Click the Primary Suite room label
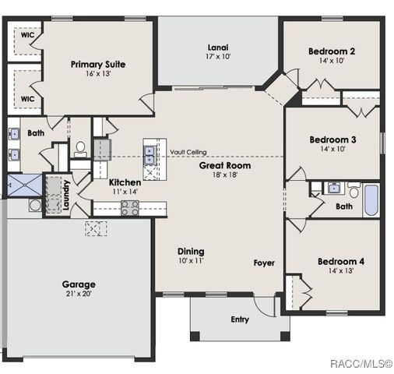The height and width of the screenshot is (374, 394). [98, 65]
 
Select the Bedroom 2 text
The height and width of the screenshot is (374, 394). [332, 51]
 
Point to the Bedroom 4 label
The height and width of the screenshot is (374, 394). [341, 261]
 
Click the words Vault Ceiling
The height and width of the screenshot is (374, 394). [188, 153]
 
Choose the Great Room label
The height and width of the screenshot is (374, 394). [224, 166]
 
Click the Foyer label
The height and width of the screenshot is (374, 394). [264, 263]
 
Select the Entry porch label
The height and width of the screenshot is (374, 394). [240, 319]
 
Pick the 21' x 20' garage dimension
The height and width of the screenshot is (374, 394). [79, 295]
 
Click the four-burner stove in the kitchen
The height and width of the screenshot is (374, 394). [129, 207]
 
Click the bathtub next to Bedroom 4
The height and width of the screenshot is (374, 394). [371, 200]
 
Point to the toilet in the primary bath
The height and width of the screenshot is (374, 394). [80, 147]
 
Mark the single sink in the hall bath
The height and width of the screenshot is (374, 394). [334, 188]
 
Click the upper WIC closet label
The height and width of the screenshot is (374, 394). [26, 36]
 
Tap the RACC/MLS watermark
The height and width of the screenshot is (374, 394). [361, 364]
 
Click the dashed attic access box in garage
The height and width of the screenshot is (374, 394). [96, 228]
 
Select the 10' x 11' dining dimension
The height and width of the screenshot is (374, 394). [191, 262]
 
